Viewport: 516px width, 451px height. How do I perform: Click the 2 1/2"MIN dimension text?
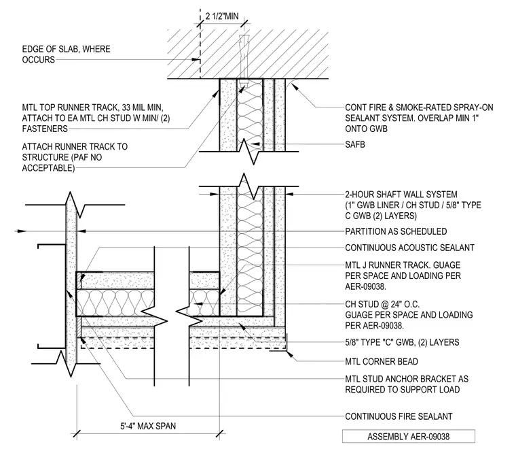pos(222,16)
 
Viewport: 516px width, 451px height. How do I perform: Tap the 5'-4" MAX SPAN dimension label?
pos(148,426)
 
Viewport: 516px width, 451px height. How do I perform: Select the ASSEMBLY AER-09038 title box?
pos(409,437)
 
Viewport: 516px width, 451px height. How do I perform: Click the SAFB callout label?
pos(354,144)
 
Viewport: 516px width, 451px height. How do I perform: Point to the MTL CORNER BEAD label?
pos(382,362)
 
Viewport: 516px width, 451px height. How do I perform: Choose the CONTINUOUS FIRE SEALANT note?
pos(399,416)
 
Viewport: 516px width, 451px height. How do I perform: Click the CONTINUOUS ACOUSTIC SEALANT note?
pos(409,248)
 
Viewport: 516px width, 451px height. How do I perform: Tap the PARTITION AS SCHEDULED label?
pos(396,231)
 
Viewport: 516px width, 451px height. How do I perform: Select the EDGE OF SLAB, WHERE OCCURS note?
pos(66,54)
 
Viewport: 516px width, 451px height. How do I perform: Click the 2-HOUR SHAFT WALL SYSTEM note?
pos(413,205)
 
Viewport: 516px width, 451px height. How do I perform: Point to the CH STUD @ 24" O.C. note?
pos(409,315)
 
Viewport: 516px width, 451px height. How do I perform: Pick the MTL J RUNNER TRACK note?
pos(403,275)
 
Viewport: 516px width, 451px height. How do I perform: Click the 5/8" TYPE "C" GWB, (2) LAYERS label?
pos(402,342)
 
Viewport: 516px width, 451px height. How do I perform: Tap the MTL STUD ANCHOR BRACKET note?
pos(407,384)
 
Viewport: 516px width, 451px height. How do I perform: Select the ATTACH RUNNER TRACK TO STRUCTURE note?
pos(75,157)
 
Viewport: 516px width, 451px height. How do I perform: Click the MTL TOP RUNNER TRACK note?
pos(96,118)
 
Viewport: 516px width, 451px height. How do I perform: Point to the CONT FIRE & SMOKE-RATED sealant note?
pos(419,118)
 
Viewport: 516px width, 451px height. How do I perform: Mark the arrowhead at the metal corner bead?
pos(289,354)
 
